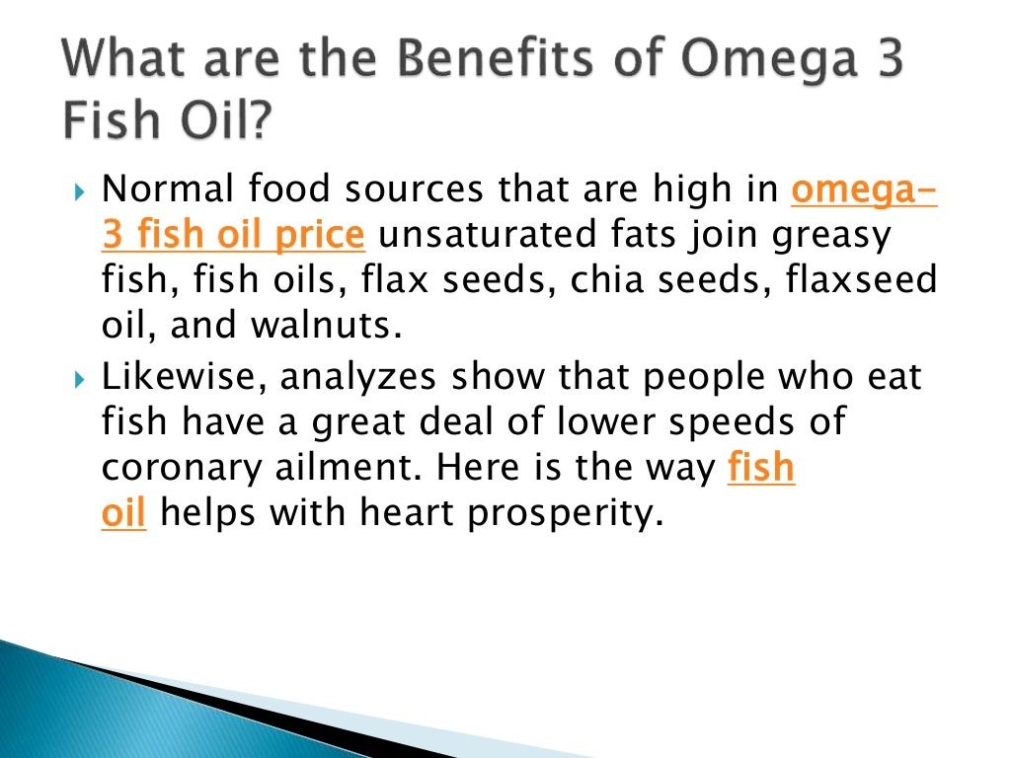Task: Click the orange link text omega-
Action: coord(864,188)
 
